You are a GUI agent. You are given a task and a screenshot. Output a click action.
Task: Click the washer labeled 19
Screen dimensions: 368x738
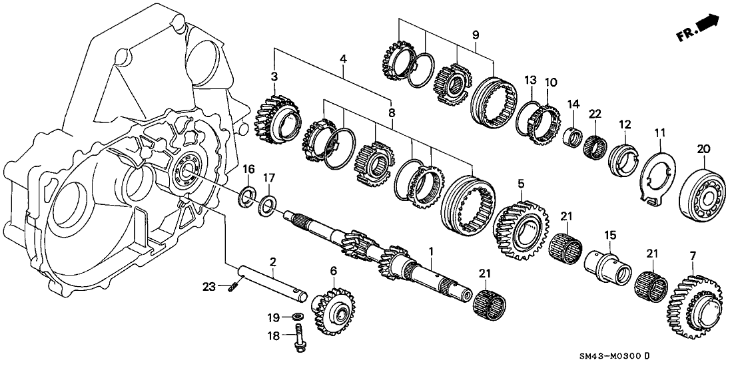pos(298,315)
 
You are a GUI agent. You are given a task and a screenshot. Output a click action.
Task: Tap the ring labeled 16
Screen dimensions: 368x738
pos(246,196)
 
